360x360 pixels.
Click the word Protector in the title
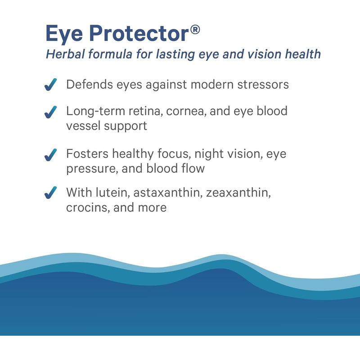[139, 33]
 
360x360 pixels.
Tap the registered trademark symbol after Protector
[195, 30]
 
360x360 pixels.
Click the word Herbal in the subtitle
[65, 54]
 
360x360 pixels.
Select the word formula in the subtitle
[110, 54]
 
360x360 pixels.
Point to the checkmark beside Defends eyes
[50, 85]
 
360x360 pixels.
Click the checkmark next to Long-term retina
[50, 112]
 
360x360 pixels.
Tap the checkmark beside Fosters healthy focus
[50, 155]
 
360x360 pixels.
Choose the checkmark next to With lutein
[50, 193]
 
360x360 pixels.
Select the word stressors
[263, 85]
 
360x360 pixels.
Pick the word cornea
[187, 111]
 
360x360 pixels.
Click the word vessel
[83, 126]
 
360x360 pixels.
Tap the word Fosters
[87, 153]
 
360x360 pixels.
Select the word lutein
[113, 192]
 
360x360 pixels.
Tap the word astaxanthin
[168, 193]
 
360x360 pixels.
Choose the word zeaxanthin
[238, 193]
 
